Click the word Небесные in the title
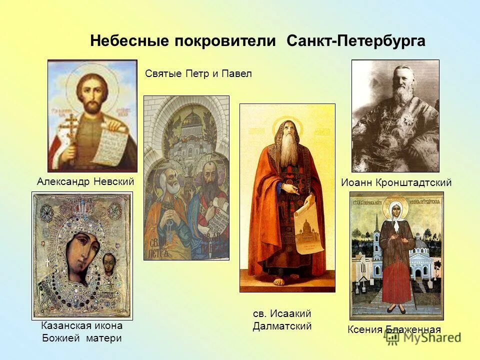click(x=129, y=41)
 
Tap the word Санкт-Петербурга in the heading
click(x=356, y=41)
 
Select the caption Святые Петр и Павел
click(x=198, y=73)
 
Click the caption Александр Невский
click(x=85, y=181)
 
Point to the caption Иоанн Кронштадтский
click(x=396, y=182)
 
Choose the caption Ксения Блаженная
click(x=394, y=329)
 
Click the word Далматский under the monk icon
click(x=282, y=326)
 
